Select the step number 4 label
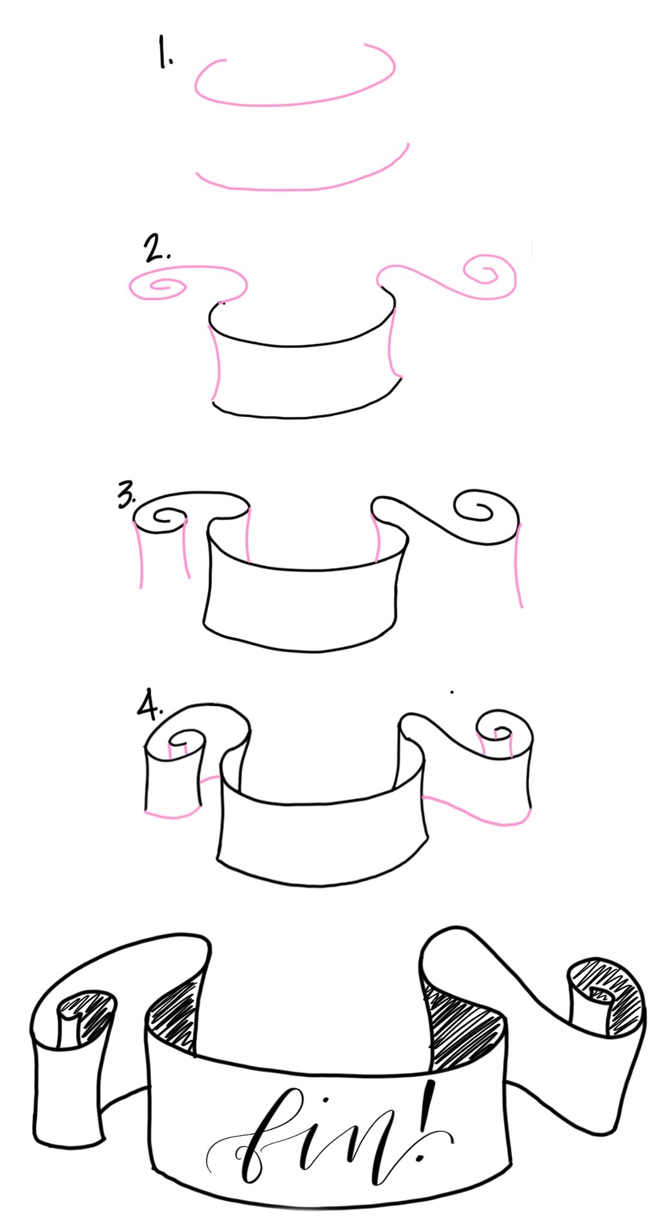[149, 707]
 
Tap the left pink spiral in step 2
[157, 286]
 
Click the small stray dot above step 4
[452, 692]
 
